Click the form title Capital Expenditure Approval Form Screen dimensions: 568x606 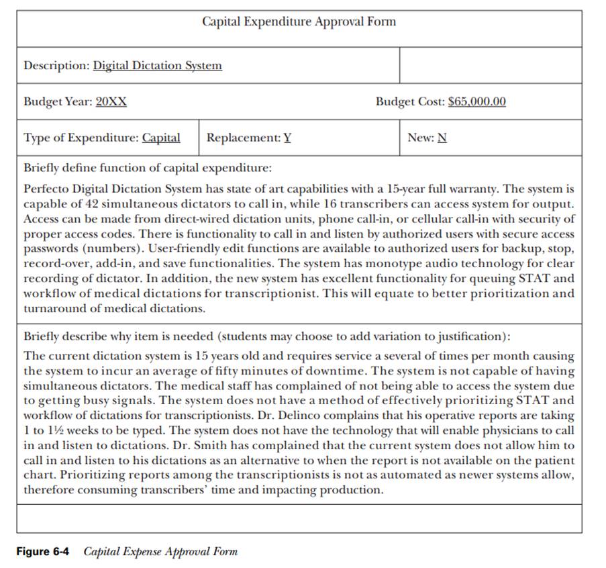click(299, 21)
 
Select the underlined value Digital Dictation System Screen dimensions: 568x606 click(157, 66)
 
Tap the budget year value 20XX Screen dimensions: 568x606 click(111, 102)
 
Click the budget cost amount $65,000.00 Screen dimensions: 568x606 click(476, 102)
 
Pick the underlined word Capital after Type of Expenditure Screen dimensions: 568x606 click(161, 138)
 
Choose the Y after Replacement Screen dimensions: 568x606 click(287, 138)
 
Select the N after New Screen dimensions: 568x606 click(442, 138)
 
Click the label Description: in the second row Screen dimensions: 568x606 click(56, 66)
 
